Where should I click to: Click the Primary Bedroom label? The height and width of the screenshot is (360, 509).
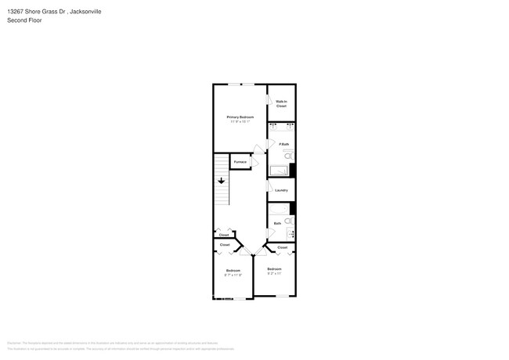point(240,117)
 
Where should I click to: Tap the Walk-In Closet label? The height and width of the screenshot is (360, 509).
point(281,103)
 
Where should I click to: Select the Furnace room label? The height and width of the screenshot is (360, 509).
point(240,162)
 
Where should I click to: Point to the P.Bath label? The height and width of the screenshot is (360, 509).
point(283,144)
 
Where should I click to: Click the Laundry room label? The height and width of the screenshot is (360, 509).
point(281,190)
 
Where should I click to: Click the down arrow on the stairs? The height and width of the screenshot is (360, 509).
point(222,181)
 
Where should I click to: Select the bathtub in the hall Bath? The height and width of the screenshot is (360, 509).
point(278,209)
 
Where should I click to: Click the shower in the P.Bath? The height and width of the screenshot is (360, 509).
point(278,170)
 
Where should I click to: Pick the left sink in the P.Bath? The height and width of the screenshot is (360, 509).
point(273,126)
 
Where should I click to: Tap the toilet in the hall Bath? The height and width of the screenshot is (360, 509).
point(288,221)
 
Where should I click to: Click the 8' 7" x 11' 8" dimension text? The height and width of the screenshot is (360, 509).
point(233,275)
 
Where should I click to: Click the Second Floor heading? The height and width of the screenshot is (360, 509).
point(24,20)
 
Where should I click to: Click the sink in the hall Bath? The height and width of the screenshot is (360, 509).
point(291,233)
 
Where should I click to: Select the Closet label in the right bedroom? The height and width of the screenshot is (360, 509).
point(282,247)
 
